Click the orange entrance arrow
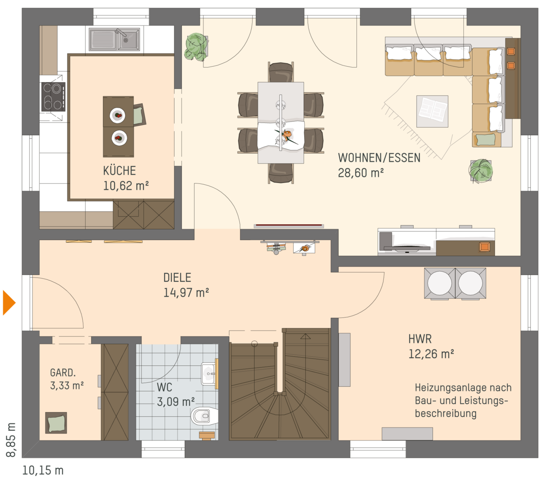click(x=9, y=302)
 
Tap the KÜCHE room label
click(x=119, y=171)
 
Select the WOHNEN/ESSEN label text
click(x=379, y=158)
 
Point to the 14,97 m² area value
click(x=186, y=292)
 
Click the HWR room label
click(x=420, y=339)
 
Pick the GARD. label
click(x=63, y=373)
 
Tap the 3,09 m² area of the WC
click(x=176, y=402)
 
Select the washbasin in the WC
click(x=210, y=373)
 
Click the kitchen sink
click(x=114, y=39)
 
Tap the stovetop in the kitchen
click(x=53, y=96)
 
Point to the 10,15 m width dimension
click(x=43, y=470)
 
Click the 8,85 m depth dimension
click(x=11, y=439)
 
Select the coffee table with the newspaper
click(x=432, y=111)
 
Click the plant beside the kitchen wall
click(x=196, y=46)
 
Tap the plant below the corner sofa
click(x=480, y=171)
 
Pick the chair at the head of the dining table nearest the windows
click(x=280, y=72)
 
